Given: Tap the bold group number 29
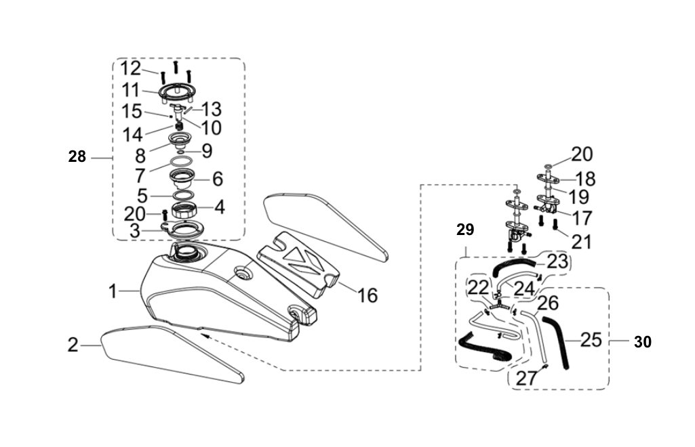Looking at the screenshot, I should click(x=465, y=230).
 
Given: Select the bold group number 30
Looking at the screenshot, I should click(x=642, y=342).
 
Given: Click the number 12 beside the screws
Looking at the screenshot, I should click(x=130, y=68).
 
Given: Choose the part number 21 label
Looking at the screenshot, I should click(x=580, y=240).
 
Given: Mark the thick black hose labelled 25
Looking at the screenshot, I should click(x=559, y=342).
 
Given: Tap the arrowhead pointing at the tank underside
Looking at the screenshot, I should click(x=203, y=334).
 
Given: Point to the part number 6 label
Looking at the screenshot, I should click(x=217, y=179).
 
